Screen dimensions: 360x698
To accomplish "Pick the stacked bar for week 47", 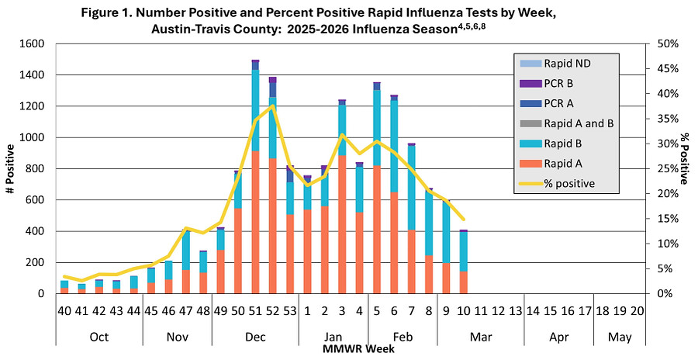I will click(x=186, y=262).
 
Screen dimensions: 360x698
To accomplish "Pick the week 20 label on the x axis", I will click(x=636, y=310).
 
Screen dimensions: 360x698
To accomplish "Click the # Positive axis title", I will click(x=10, y=168).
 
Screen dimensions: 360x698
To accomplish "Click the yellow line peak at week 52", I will click(x=272, y=106).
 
